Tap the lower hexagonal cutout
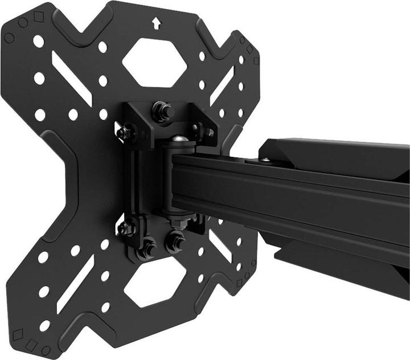(155, 285)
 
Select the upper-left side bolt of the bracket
(124, 133)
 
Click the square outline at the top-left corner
(39, 17)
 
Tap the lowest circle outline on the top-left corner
(9, 38)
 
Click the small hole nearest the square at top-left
(39, 41)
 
